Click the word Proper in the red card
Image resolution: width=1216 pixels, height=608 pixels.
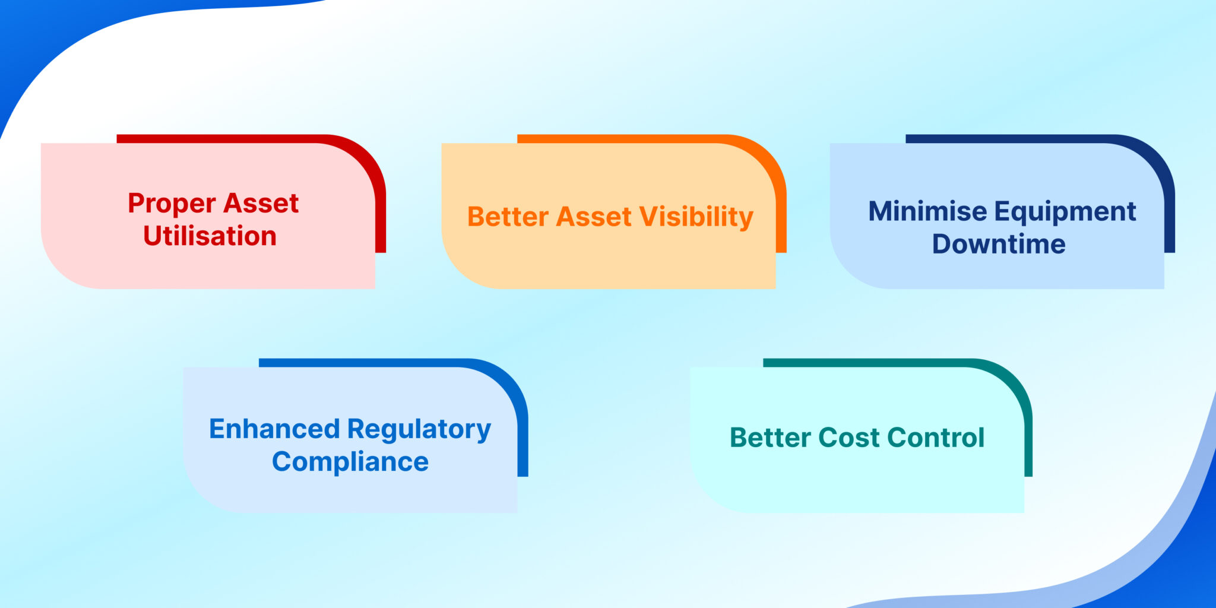click(171, 204)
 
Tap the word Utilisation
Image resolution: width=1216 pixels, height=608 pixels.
click(210, 236)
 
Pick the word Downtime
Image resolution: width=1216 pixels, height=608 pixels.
click(998, 244)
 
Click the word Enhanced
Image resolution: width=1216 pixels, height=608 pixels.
click(274, 429)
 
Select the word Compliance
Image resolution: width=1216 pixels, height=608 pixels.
click(350, 462)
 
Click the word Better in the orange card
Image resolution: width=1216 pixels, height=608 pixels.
click(508, 217)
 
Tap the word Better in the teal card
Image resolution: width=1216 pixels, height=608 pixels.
click(770, 438)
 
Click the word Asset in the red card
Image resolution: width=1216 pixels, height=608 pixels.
click(261, 204)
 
